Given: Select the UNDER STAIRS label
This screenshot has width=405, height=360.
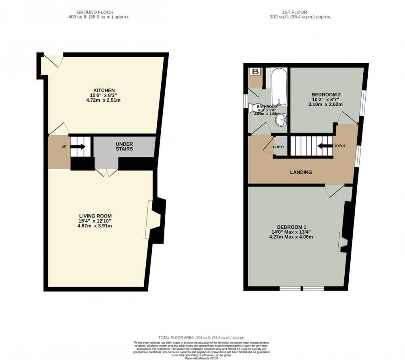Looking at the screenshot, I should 124,146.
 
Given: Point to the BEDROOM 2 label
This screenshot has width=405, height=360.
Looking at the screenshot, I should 326,94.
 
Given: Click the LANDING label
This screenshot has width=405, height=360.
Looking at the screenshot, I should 301,172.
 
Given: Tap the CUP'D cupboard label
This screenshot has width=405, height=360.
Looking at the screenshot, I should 278,147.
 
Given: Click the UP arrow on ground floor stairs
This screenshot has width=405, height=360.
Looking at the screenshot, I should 78,147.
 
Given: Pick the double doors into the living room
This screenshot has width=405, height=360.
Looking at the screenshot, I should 106,173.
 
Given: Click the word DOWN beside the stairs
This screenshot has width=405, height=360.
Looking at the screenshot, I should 339,146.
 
